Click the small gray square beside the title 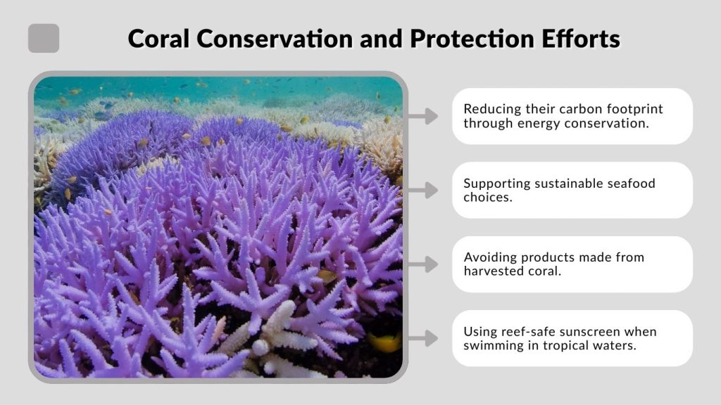tap(44, 38)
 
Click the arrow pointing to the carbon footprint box tap(422, 116)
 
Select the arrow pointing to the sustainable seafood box tap(422, 190)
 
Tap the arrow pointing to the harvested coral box tap(422, 264)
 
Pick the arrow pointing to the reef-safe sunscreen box tap(422, 339)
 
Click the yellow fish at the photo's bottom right tap(385, 343)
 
